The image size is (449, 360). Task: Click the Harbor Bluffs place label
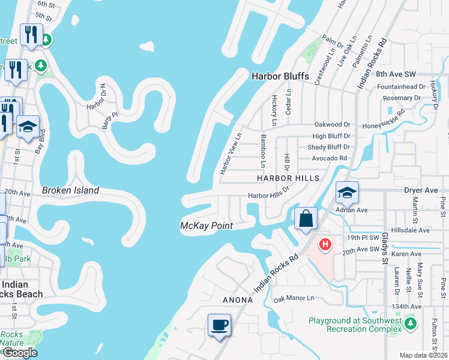(x=280, y=76)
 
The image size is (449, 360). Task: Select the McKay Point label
(x=206, y=226)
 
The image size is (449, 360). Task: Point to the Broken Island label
(x=70, y=191)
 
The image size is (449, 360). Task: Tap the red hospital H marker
(x=325, y=244)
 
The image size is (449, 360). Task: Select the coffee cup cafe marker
(x=219, y=325)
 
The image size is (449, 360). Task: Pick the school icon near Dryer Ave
(x=347, y=193)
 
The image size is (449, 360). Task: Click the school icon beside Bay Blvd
(x=28, y=127)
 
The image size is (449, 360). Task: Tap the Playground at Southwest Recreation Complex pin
(x=411, y=324)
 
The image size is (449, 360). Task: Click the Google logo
(x=19, y=353)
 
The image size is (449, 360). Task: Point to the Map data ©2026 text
(x=423, y=355)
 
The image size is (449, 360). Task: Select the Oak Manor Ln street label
(x=294, y=298)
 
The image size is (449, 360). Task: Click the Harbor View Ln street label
(x=230, y=154)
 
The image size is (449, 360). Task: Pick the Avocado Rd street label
(x=330, y=158)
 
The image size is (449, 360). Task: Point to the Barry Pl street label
(x=106, y=119)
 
